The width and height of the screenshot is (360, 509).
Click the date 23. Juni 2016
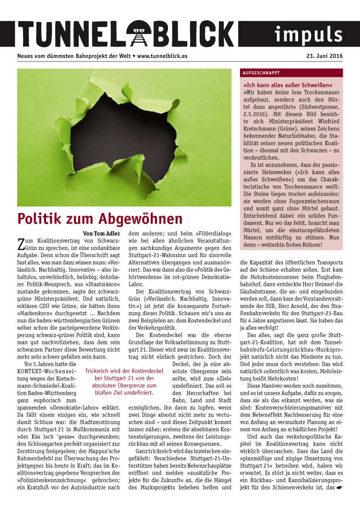point(325,56)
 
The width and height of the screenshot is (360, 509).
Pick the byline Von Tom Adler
point(102,234)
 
